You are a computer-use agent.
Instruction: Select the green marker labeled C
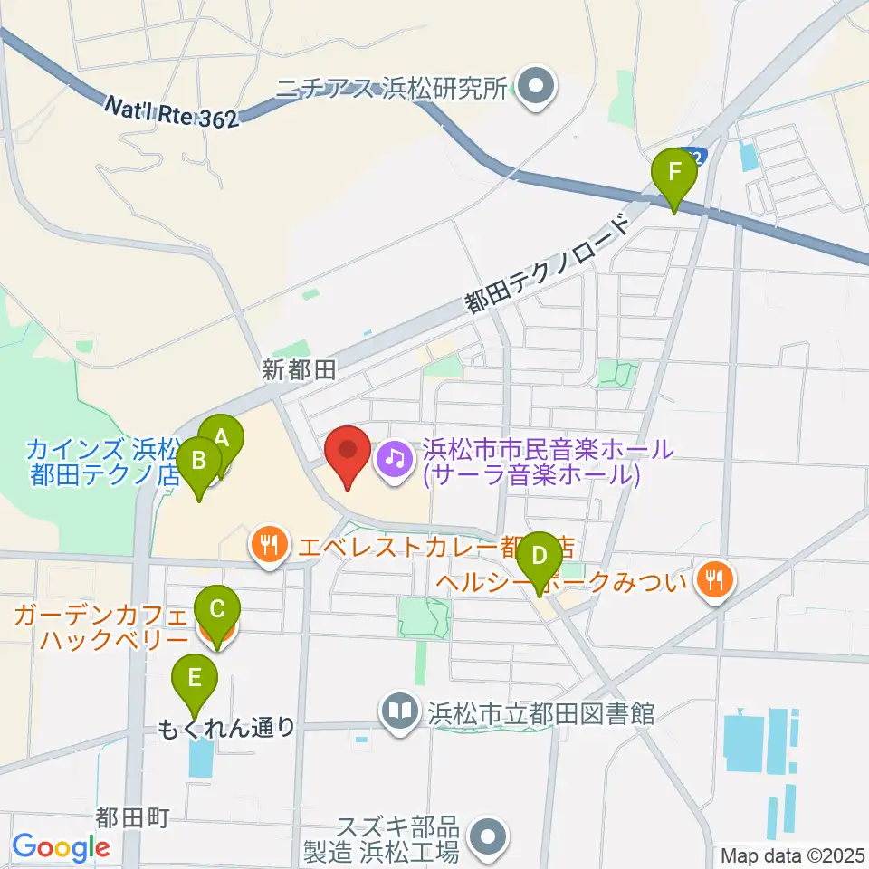point(217,609)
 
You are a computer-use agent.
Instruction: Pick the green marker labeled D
point(539,555)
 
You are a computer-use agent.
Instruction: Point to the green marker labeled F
point(674,172)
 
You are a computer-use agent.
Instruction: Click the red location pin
point(348,449)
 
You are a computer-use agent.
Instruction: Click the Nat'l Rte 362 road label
point(171,112)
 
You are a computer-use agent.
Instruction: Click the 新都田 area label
point(299,369)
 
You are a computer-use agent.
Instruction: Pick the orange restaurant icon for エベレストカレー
point(268,546)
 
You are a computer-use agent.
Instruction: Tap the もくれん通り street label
point(226,727)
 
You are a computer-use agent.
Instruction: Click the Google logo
point(61,848)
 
